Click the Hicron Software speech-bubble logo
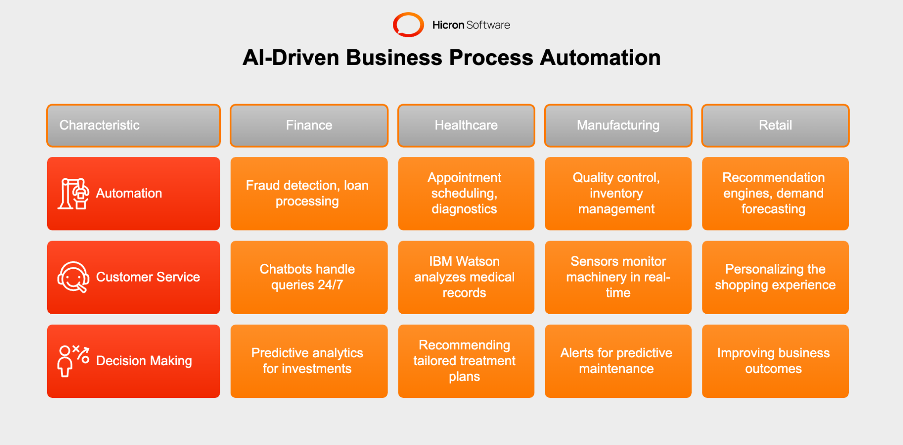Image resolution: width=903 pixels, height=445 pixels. coord(408,25)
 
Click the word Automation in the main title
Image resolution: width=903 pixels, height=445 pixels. coord(600,58)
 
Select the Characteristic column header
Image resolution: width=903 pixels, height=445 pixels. coord(133,126)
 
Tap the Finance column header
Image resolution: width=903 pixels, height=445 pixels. coord(309,126)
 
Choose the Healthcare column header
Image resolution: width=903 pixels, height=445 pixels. coord(466,126)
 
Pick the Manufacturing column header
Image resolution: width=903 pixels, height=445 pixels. coord(618,126)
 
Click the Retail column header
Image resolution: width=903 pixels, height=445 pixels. coord(775,126)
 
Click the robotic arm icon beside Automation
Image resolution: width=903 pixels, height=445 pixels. coord(73,193)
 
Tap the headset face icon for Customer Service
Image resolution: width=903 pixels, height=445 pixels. coord(73,277)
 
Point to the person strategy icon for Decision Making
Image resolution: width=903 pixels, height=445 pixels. coord(73,361)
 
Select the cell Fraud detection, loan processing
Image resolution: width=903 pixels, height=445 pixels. coord(309,193)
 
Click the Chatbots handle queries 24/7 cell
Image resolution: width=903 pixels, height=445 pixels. coord(309,277)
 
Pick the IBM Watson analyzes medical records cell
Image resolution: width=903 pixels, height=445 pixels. coord(466,277)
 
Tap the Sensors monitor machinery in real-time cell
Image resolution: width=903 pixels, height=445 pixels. coord(618,277)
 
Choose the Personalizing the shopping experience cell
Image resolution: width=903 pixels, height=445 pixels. coord(775,277)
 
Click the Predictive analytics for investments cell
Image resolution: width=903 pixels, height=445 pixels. coord(309,361)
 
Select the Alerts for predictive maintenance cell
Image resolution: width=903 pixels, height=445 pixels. coord(618,361)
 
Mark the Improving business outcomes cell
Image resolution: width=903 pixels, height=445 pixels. coord(775,361)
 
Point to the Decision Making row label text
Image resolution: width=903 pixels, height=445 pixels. coord(144,361)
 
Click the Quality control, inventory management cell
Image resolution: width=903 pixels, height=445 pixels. coord(618,193)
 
